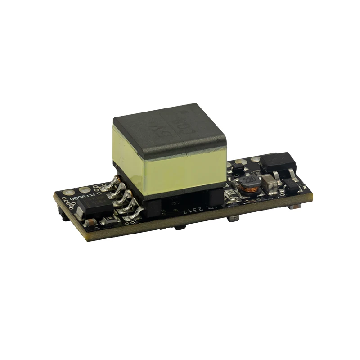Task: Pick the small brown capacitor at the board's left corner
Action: coord(90,223)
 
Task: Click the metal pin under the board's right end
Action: coord(295,206)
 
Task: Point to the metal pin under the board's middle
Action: coord(234,219)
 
